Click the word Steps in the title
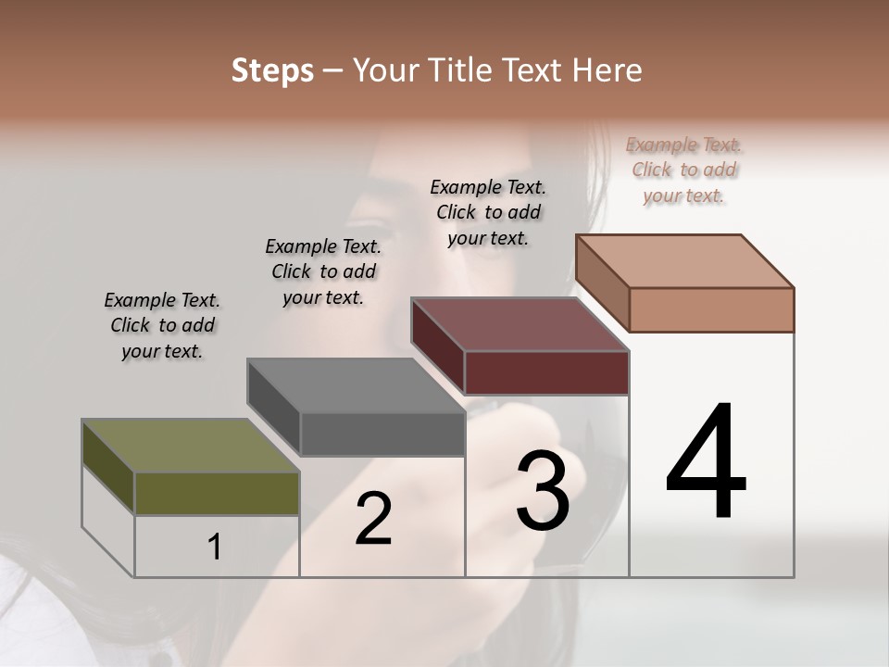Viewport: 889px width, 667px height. [272, 70]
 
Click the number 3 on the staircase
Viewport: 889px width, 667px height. [543, 491]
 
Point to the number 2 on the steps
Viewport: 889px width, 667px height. [373, 519]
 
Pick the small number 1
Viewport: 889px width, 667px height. [214, 547]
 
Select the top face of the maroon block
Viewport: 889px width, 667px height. [520, 324]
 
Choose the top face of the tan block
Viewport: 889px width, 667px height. [684, 261]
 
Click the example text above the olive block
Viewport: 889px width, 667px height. [162, 325]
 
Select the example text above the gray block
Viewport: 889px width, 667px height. [323, 271]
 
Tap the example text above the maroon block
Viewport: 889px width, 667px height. [488, 212]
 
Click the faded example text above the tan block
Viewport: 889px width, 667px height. [684, 170]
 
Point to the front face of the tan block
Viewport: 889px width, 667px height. [711, 309]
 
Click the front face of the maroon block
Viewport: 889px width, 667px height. [546, 372]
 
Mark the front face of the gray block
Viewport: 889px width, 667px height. [382, 434]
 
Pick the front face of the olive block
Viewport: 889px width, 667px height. [217, 493]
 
